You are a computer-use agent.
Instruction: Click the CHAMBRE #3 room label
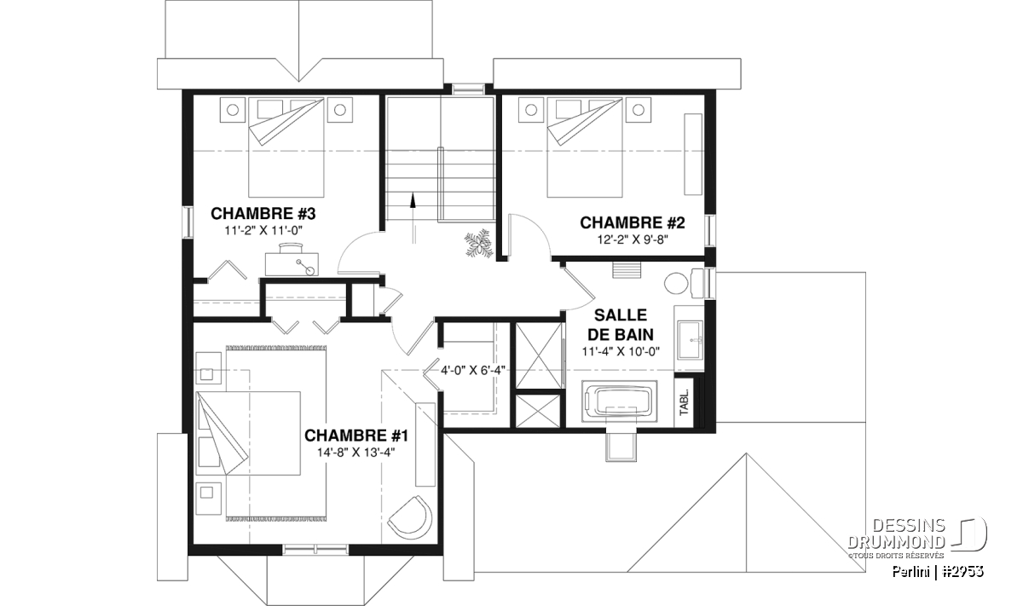[263, 214]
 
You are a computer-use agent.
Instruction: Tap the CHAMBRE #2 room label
[633, 222]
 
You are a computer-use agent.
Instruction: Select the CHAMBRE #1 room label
[356, 436]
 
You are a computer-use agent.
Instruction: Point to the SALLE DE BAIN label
[621, 325]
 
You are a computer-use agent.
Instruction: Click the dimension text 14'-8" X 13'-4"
[356, 453]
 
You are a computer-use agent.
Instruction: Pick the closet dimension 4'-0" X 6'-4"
[472, 371]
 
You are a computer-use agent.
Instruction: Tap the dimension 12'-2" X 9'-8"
[633, 240]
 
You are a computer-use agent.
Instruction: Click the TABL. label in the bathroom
[684, 402]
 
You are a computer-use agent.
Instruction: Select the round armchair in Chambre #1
[410, 515]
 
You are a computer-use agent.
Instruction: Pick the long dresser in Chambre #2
[693, 154]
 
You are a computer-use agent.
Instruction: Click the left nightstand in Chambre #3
[233, 110]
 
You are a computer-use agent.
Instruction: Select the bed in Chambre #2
[585, 147]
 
